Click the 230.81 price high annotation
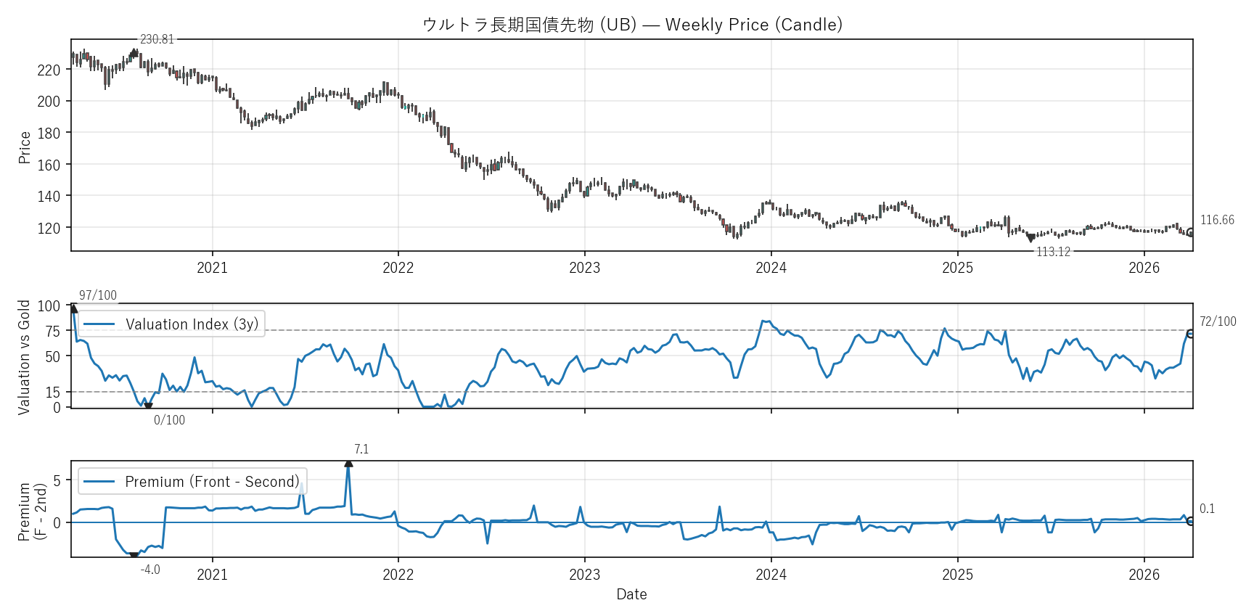tap(157, 39)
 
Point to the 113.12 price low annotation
tap(1053, 252)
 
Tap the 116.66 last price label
tap(1217, 220)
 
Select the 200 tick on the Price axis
tap(49, 102)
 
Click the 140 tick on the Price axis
tap(49, 196)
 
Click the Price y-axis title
tap(25, 147)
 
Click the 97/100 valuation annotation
tap(97, 295)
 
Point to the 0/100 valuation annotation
tap(169, 420)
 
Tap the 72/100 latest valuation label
tap(1218, 321)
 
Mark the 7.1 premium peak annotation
tap(361, 450)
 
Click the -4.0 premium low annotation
tap(150, 570)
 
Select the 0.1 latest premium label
tap(1207, 509)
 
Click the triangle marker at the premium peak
tap(348, 463)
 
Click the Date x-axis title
tap(631, 594)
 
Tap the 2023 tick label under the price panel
tap(584, 268)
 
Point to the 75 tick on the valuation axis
tap(52, 331)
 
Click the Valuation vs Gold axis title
tap(25, 357)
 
